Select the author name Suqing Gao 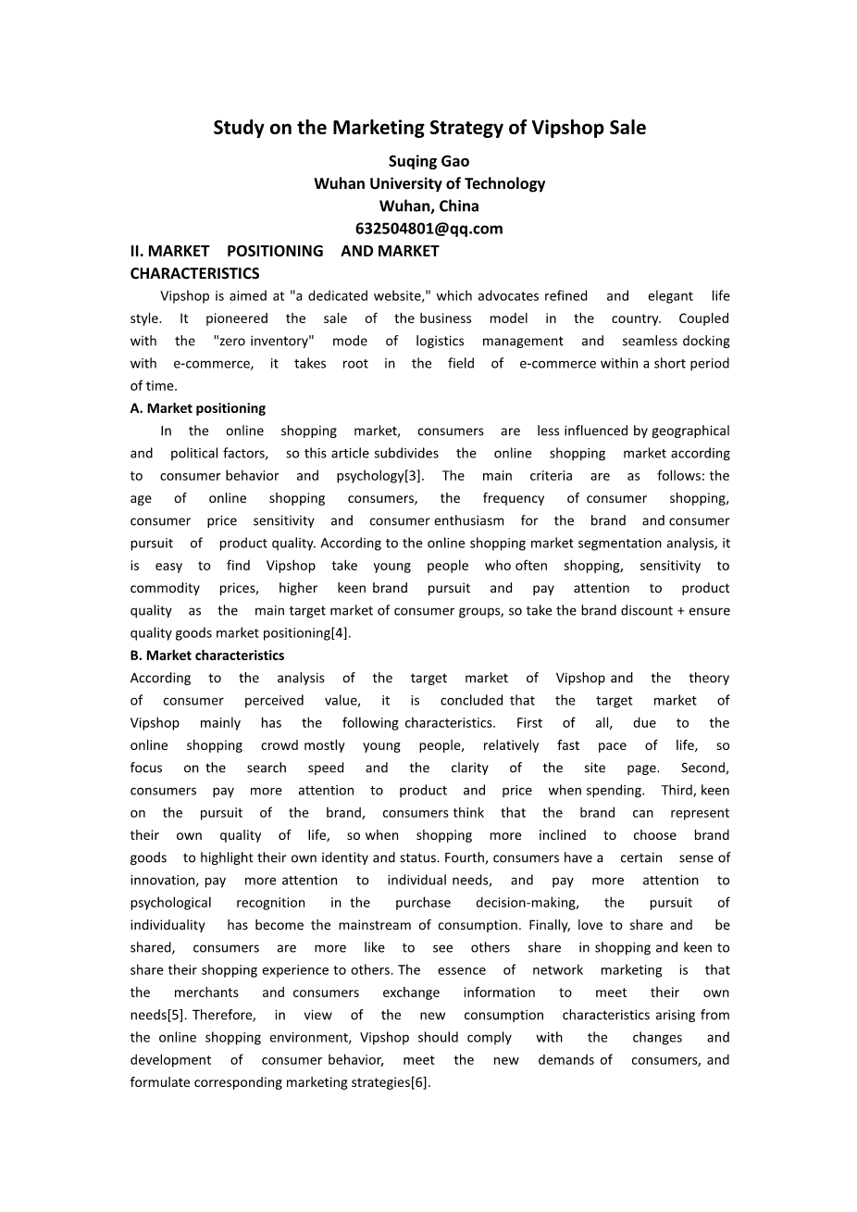(x=428, y=161)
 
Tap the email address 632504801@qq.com (x=428, y=229)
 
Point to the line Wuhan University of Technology (x=428, y=183)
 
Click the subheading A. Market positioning (x=197, y=408)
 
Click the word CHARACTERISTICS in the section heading (x=194, y=273)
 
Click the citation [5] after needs (x=177, y=1015)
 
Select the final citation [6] (x=420, y=1082)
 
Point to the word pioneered (x=237, y=319)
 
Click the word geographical (x=689, y=431)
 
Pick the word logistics (x=440, y=341)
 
